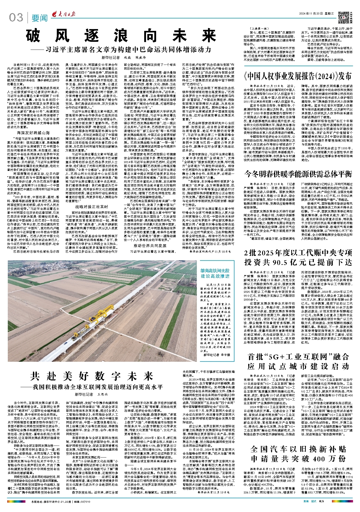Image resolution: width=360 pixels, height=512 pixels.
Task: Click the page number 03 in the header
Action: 16,17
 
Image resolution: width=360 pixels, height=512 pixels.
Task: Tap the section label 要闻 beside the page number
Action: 40,18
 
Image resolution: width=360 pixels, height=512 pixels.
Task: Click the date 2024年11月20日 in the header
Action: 311,14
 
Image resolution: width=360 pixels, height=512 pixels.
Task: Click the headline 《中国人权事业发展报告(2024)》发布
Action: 298,76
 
